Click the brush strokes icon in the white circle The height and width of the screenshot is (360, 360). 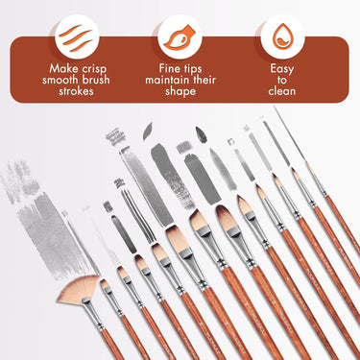[x=74, y=36]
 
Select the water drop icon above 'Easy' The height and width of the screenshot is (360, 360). [x=281, y=36]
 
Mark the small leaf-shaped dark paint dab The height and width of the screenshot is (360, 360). [x=202, y=133]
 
